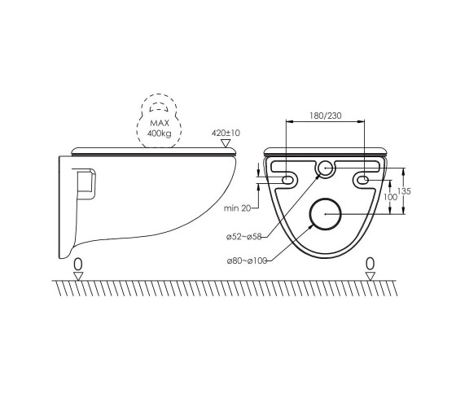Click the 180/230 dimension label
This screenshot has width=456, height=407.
(x=326, y=116)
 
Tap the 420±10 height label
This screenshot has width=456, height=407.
(x=226, y=133)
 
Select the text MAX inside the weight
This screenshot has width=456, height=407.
(x=160, y=123)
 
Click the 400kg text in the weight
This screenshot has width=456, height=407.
(x=159, y=133)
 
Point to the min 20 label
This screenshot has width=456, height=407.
(x=237, y=208)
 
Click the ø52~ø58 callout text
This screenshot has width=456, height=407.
(x=244, y=237)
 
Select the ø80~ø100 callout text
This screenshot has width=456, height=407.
(x=247, y=260)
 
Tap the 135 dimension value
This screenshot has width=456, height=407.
(x=404, y=191)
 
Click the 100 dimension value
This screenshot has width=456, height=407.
(x=390, y=197)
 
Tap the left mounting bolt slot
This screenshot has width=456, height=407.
(x=286, y=180)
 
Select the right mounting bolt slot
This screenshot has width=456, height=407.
(x=362, y=180)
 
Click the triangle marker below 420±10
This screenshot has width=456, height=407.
(x=226, y=143)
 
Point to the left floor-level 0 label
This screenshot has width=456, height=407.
(x=78, y=265)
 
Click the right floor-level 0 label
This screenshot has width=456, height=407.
(x=370, y=264)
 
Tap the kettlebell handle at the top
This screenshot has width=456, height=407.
(x=159, y=107)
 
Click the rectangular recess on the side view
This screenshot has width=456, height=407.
(x=86, y=184)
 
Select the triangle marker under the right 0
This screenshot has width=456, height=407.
(x=370, y=276)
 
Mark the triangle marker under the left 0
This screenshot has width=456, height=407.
(x=78, y=276)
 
